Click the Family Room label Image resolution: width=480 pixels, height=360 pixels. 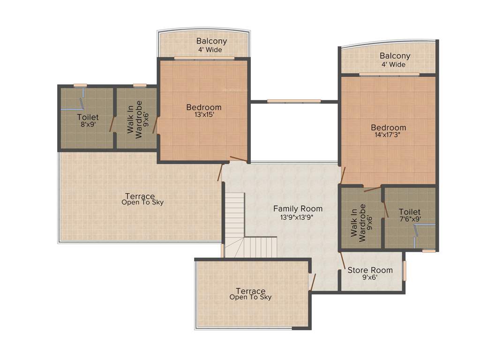pyautogui.click(x=298, y=209)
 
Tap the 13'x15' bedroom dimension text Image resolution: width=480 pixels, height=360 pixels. pyautogui.click(x=203, y=114)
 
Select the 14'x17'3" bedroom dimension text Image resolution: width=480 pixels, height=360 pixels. pyautogui.click(x=388, y=135)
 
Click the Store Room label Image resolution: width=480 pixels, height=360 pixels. pyautogui.click(x=370, y=270)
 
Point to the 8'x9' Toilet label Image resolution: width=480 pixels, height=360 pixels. pyautogui.click(x=88, y=117)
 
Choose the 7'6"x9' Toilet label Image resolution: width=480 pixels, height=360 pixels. pyautogui.click(x=410, y=212)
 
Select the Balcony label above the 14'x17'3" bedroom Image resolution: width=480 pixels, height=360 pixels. pyautogui.click(x=395, y=56)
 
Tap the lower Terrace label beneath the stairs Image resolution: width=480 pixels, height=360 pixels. pyautogui.click(x=250, y=291)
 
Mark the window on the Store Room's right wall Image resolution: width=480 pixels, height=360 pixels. pyautogui.click(x=405, y=270)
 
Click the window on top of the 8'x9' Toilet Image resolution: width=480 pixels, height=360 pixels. pyautogui.click(x=80, y=85)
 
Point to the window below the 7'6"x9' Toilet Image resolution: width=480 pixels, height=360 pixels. pyautogui.click(x=428, y=251)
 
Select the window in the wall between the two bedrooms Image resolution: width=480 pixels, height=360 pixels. pyautogui.click(x=294, y=101)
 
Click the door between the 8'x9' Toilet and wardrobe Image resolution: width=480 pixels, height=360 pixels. pyautogui.click(x=112, y=124)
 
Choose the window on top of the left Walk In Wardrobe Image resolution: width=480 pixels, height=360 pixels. pyautogui.click(x=140, y=85)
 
